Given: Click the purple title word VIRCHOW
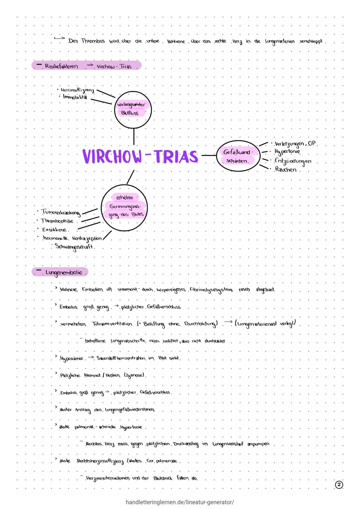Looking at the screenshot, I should click(112, 156).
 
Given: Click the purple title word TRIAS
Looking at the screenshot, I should click(176, 156).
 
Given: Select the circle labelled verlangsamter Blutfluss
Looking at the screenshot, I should click(133, 109).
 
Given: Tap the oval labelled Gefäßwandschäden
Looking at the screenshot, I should click(238, 156).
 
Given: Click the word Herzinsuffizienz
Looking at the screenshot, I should click(77, 90).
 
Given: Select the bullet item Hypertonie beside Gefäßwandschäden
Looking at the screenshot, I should click(287, 152).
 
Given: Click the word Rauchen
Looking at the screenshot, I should click(286, 169).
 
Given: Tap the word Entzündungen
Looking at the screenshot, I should click(293, 161).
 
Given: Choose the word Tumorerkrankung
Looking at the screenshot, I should click(60, 212).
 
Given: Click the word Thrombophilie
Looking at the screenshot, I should click(57, 221).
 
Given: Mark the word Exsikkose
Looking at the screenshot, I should click(54, 230).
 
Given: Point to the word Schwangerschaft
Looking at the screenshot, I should click(74, 247).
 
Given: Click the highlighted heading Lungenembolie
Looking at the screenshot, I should click(63, 272).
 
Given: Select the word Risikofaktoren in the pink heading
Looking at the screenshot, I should click(61, 66).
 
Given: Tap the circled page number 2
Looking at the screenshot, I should click(339, 485).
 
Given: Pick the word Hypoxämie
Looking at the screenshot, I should click(71, 359).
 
